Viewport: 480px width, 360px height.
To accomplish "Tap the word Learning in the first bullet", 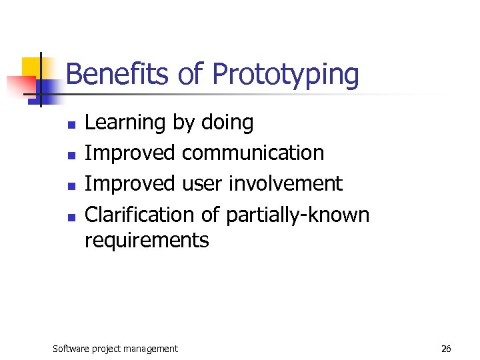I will pyautogui.click(x=125, y=123).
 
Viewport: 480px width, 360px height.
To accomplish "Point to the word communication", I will pyautogui.click(x=253, y=153).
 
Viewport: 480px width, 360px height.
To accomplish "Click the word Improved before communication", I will pyautogui.click(x=129, y=153).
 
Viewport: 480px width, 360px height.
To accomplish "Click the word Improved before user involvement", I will pyautogui.click(x=129, y=184).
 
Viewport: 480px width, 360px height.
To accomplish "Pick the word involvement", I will pyautogui.click(x=285, y=184).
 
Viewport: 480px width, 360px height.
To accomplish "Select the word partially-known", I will pyautogui.click(x=297, y=215).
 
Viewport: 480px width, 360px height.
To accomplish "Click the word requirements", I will pyautogui.click(x=147, y=240).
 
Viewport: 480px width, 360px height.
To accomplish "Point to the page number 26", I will pyautogui.click(x=446, y=349).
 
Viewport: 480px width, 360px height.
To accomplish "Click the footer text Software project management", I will pyautogui.click(x=115, y=349).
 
